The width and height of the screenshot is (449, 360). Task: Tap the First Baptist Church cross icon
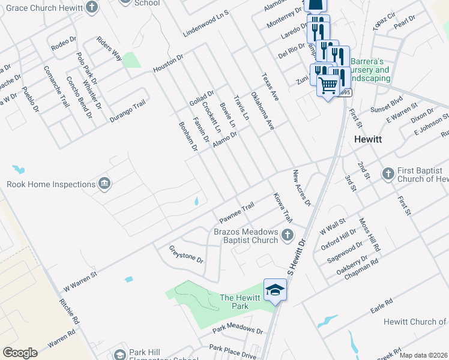point(387,173)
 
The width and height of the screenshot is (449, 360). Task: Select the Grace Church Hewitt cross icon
point(91,7)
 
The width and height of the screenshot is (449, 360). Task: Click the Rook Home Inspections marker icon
point(104,183)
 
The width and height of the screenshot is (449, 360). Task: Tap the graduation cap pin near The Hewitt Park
point(275,290)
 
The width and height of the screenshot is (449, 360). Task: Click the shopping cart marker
point(328,85)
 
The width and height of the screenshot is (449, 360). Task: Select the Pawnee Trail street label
point(237,211)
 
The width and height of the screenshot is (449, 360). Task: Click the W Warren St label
point(80,280)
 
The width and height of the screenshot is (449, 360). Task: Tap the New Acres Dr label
point(302,188)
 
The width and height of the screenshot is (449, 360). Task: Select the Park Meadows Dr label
point(238,331)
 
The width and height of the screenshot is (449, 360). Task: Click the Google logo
point(20,352)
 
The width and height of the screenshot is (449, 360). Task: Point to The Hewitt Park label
point(240,302)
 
